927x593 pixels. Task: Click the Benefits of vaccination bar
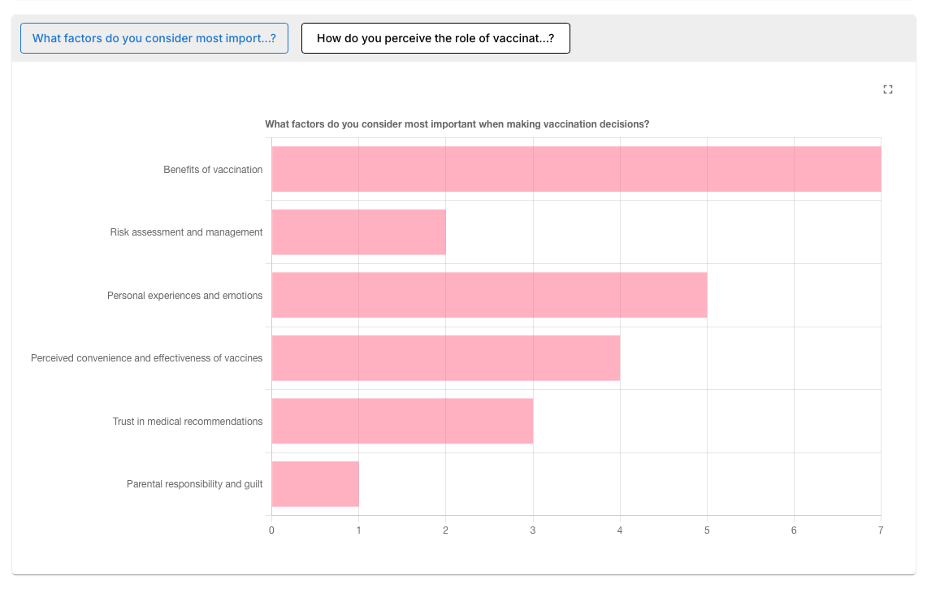click(x=576, y=169)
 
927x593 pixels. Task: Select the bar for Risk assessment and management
click(x=359, y=232)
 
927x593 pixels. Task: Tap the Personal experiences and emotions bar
click(x=490, y=295)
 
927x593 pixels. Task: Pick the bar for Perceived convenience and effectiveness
click(x=446, y=358)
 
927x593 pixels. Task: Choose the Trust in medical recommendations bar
click(x=403, y=421)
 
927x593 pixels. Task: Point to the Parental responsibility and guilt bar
click(x=315, y=484)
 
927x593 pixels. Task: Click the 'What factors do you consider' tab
click(x=154, y=38)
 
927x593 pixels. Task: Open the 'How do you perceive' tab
click(x=435, y=38)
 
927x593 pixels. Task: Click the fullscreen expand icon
click(x=888, y=89)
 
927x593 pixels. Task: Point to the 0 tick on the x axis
click(x=271, y=530)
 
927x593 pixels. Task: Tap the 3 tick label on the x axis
click(x=533, y=530)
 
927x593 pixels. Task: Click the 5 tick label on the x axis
click(x=707, y=530)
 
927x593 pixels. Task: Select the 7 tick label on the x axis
click(x=881, y=530)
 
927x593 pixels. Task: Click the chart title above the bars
click(x=457, y=124)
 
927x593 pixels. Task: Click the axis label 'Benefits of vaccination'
click(x=213, y=170)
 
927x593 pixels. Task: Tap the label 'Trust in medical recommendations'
click(x=188, y=422)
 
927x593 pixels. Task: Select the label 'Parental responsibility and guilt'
click(x=194, y=484)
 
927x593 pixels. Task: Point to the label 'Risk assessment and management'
click(x=186, y=232)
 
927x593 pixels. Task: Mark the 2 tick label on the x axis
click(x=446, y=530)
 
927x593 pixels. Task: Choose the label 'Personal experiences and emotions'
click(x=184, y=296)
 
